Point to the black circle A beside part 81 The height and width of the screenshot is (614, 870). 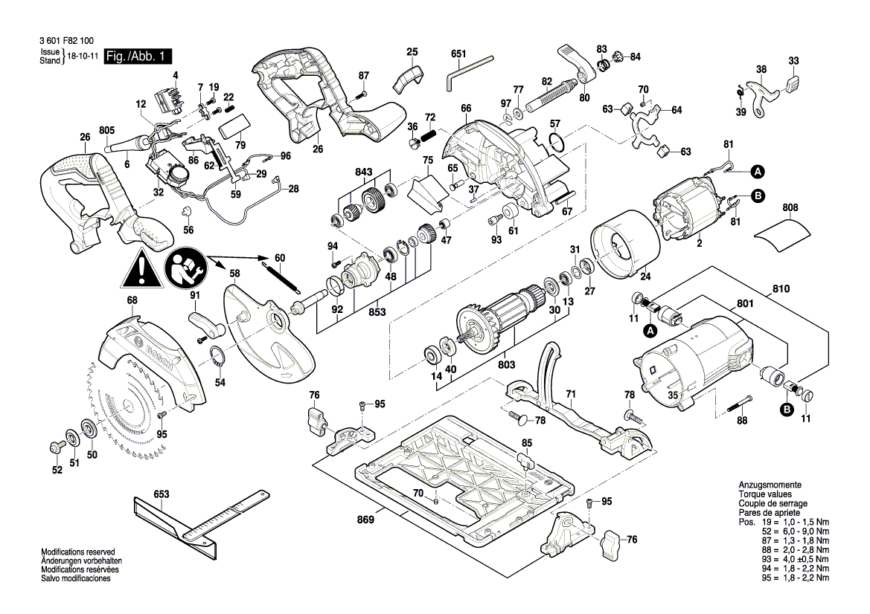pos(757,172)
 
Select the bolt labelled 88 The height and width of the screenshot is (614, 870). pos(736,406)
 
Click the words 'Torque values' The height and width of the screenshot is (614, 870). pos(765,494)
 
